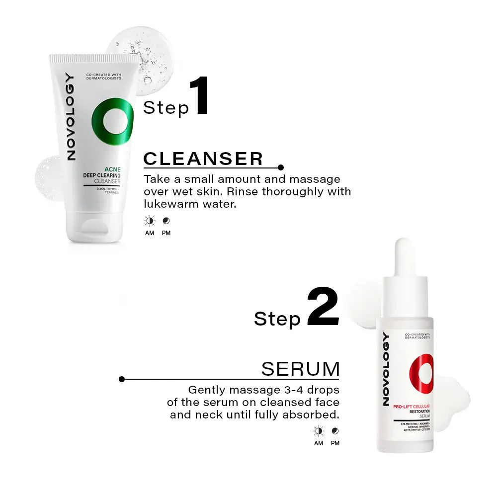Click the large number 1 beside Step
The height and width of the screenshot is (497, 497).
pyautogui.click(x=199, y=96)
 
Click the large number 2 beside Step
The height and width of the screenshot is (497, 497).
pyautogui.click(x=323, y=307)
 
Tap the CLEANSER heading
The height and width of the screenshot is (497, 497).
pyautogui.click(x=203, y=159)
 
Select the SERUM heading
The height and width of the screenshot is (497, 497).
pyautogui.click(x=300, y=369)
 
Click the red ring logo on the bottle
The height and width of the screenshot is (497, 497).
pyautogui.click(x=421, y=373)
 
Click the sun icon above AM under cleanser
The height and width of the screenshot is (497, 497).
pyautogui.click(x=150, y=220)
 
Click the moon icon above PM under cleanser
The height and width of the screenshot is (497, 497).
pyautogui.click(x=166, y=220)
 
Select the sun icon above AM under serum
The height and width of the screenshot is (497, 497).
pyautogui.click(x=319, y=431)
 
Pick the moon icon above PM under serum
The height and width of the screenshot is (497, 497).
pyautogui.click(x=335, y=431)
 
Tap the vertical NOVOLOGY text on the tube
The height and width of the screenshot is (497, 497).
pyautogui.click(x=71, y=117)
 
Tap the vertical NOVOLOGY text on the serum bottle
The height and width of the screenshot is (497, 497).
pyautogui.click(x=386, y=368)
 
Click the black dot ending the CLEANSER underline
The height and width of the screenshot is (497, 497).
pyautogui.click(x=281, y=167)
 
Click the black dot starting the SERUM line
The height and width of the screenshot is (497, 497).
pyautogui.click(x=122, y=379)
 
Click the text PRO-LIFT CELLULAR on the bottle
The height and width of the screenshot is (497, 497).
pyautogui.click(x=411, y=407)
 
